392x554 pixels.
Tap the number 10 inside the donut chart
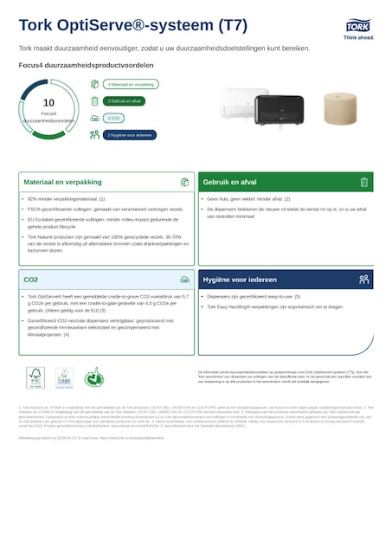coord(48,103)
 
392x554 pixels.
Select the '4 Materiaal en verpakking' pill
coord(131,85)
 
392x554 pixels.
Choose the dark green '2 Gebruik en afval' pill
coord(125,101)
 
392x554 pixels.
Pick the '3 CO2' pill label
coord(114,118)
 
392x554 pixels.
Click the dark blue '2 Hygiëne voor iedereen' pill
coord(131,135)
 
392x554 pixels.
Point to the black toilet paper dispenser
coord(279,110)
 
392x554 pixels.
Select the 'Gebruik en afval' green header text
coord(229,183)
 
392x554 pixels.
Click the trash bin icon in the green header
coord(364,183)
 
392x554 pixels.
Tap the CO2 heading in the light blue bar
coord(31,280)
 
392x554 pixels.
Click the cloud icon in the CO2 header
coord(184,280)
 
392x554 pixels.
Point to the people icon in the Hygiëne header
coord(364,280)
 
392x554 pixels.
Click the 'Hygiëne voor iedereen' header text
coord(240,280)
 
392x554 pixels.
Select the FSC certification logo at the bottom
coord(35,377)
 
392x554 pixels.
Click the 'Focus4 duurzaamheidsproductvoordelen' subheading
coord(87,65)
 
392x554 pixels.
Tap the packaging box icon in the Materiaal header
coord(184,183)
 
